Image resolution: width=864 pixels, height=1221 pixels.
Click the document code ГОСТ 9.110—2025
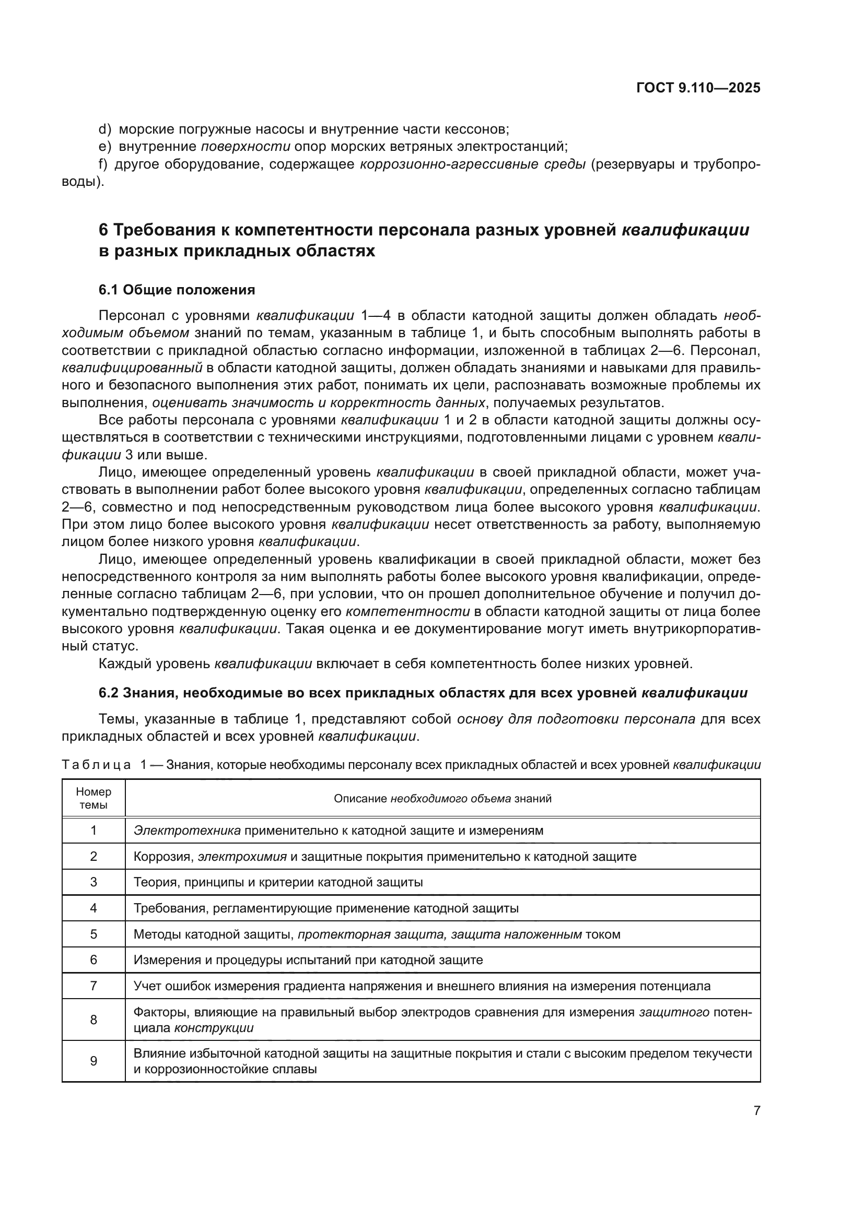[698, 88]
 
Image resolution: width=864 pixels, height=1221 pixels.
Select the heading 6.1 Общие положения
[177, 290]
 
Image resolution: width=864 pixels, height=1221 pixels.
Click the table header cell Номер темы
[94, 798]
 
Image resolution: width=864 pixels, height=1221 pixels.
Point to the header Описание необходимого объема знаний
[442, 798]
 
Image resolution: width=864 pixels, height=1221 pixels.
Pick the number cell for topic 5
[94, 934]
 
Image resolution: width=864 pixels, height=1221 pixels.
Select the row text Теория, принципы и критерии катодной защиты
[278, 882]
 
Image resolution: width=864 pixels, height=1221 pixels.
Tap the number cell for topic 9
[94, 1061]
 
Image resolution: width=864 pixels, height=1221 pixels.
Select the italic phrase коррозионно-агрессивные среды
[472, 164]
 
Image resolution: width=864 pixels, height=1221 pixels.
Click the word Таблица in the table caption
[96, 765]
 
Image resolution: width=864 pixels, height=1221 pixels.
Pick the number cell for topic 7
[94, 986]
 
